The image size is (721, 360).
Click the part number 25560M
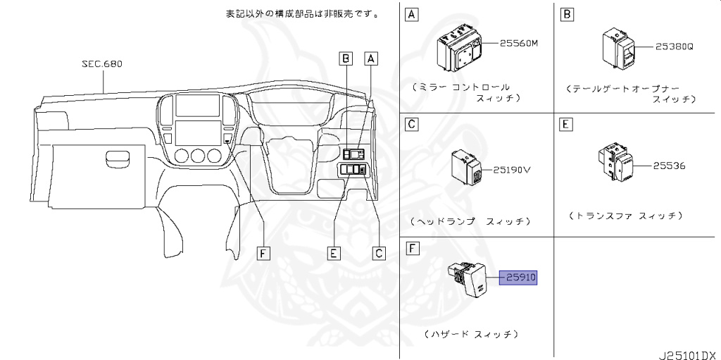click(x=518, y=43)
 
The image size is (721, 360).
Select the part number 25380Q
click(x=675, y=47)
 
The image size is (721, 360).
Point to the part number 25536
click(x=668, y=166)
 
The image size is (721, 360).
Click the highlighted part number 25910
click(x=518, y=278)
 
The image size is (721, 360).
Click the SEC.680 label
click(x=102, y=63)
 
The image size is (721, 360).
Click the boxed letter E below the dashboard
click(x=334, y=253)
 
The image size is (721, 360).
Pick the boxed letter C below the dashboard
click(x=380, y=253)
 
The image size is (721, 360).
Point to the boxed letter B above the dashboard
click(x=345, y=59)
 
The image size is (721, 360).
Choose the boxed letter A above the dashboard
click(x=371, y=59)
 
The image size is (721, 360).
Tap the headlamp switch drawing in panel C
click(x=468, y=166)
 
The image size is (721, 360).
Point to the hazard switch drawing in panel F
click(x=471, y=280)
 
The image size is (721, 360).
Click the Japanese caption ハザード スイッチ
click(x=472, y=333)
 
